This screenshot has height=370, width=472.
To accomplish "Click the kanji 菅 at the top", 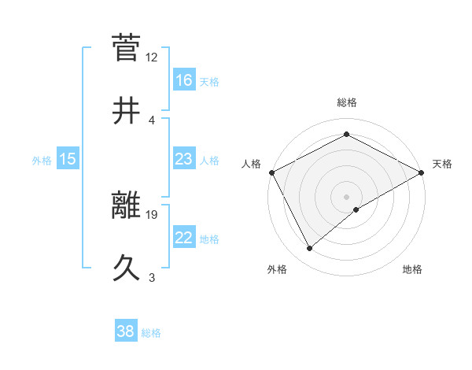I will pos(127,48).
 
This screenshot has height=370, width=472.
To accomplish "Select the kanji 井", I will pos(127,110).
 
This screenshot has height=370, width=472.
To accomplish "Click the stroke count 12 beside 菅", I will pos(152,57).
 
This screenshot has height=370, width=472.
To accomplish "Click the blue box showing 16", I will pos(183,80).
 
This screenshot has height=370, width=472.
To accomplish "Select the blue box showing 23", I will pos(183,160).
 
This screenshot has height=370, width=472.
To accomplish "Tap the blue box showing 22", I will pos(183,239).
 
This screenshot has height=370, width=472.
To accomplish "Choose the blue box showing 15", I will pos(68,160).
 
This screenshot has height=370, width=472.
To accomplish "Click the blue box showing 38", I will pos(126,332).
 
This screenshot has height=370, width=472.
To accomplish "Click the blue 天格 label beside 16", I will pos(208,82).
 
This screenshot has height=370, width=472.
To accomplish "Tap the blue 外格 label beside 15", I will pos(42,161).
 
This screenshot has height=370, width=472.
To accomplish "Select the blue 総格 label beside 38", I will pos(151,333).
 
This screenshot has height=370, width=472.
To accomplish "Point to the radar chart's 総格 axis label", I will pos(347,102).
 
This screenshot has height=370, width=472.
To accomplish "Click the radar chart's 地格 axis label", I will pos(412,269).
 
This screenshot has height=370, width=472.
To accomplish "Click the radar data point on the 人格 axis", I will pos(271,172).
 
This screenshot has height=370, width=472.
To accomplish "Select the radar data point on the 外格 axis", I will pos(310,249).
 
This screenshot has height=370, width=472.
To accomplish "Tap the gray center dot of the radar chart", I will pos(347,196).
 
